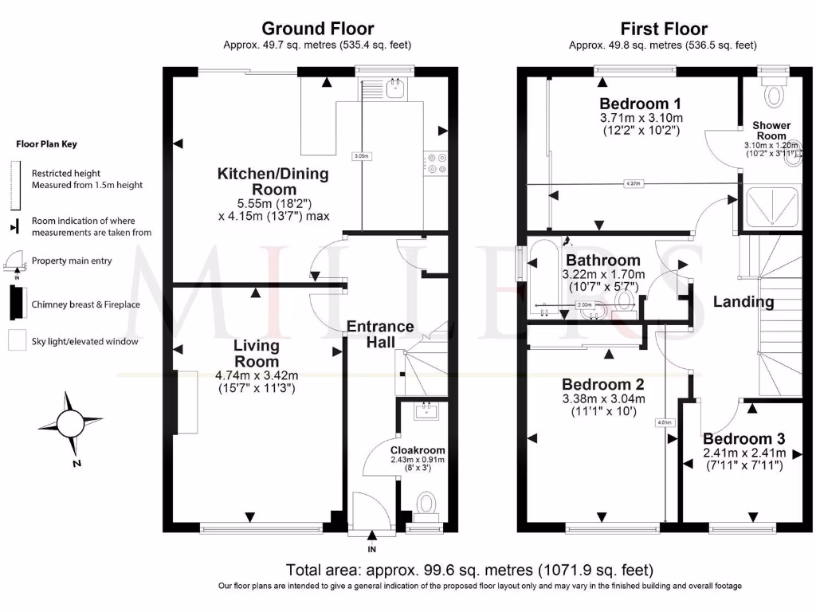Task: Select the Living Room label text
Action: pyautogui.click(x=256, y=353)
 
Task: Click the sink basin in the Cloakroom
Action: pyautogui.click(x=425, y=411)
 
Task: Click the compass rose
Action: pyautogui.click(x=72, y=420)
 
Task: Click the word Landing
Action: pyautogui.click(x=743, y=302)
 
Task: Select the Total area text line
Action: pyautogui.click(x=470, y=570)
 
